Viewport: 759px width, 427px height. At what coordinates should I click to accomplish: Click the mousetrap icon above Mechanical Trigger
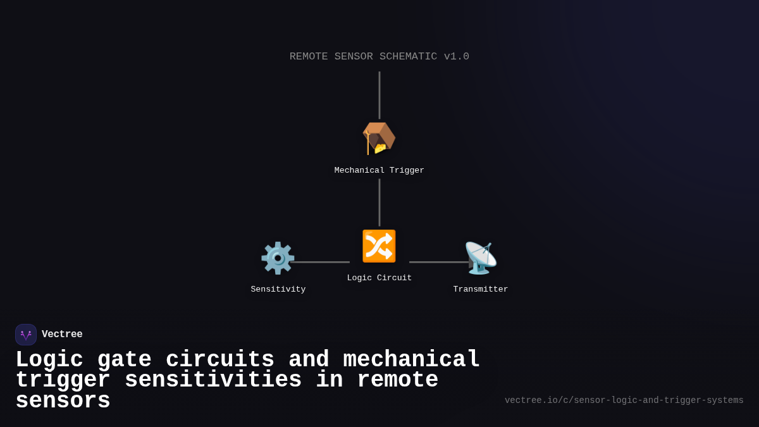point(379,138)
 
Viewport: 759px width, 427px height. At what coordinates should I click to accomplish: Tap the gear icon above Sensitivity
point(278,258)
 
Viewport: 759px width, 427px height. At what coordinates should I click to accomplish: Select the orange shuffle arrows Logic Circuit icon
point(379,246)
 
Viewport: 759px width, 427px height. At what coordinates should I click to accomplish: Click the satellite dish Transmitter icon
point(480,258)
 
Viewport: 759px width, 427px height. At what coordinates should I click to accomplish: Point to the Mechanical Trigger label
point(379,171)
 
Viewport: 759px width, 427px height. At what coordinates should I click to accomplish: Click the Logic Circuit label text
point(379,278)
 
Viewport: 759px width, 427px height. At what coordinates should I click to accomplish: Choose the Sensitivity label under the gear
point(278,290)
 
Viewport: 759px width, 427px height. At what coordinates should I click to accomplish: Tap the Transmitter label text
point(481,290)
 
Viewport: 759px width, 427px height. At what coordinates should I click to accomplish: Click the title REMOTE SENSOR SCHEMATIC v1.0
point(379,57)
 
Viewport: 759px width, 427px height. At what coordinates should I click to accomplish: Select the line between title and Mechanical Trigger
point(379,95)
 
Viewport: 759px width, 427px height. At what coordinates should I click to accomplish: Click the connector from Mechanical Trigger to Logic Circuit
point(379,202)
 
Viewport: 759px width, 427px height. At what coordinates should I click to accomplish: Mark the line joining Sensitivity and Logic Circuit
point(320,262)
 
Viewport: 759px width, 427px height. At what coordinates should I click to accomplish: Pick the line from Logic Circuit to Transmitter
point(438,262)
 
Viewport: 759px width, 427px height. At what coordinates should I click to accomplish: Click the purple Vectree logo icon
point(26,335)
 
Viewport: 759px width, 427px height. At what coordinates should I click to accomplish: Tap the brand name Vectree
point(62,335)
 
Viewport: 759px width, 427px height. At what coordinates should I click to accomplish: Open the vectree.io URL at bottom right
point(624,400)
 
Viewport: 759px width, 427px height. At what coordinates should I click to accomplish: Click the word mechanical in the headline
point(412,360)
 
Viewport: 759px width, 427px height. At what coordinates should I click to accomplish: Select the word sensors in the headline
point(63,401)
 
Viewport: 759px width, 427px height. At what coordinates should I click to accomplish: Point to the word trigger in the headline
point(63,380)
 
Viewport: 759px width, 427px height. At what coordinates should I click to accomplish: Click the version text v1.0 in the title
point(456,57)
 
